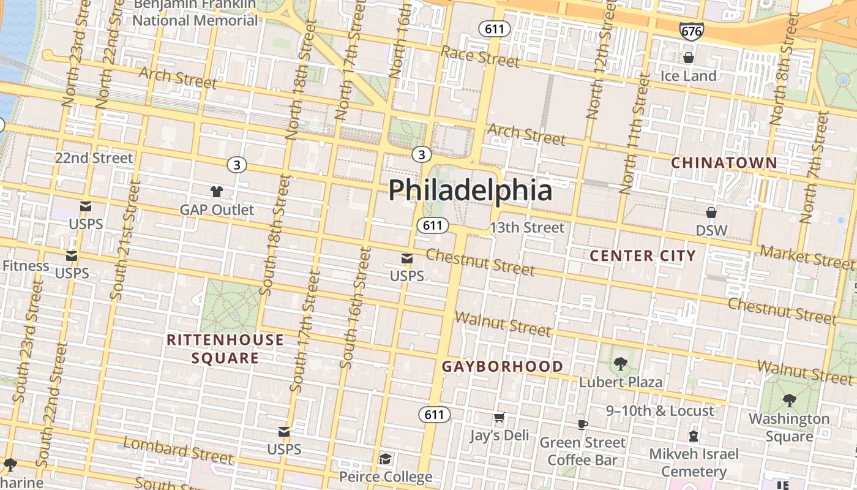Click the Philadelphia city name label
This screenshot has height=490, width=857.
pos(470,190)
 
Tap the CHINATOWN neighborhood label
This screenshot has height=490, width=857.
pos(724,163)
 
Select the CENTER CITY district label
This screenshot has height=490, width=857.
pos(643,256)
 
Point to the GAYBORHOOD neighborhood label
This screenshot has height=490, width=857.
pos(503,367)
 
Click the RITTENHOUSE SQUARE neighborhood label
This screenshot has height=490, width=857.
pos(225,349)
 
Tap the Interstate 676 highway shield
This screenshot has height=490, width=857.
pos(691,31)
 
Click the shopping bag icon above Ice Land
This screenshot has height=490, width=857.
pos(689,58)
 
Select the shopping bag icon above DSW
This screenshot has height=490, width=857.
pos(711,213)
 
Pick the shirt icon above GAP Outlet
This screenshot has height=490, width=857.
pos(217,192)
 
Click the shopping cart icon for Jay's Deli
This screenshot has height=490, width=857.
pos(500,418)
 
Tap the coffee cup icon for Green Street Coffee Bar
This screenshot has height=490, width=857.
pos(583,424)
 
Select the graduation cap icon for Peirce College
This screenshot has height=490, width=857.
pos(385,459)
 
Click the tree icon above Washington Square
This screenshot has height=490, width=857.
pos(790,401)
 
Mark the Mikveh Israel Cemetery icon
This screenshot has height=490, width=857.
pos(694,436)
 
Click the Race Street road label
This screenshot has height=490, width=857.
pos(480,57)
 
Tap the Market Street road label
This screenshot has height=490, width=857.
pos(807,257)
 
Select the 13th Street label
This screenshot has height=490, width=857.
pos(526,228)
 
